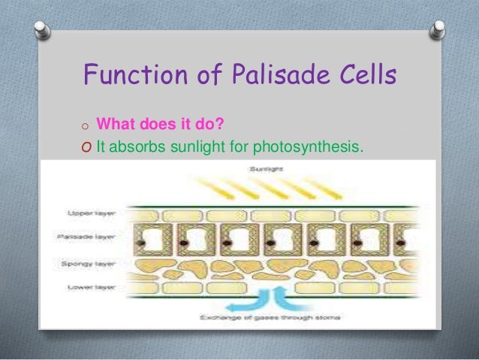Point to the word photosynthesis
[313, 147]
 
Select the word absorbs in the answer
[140, 147]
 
